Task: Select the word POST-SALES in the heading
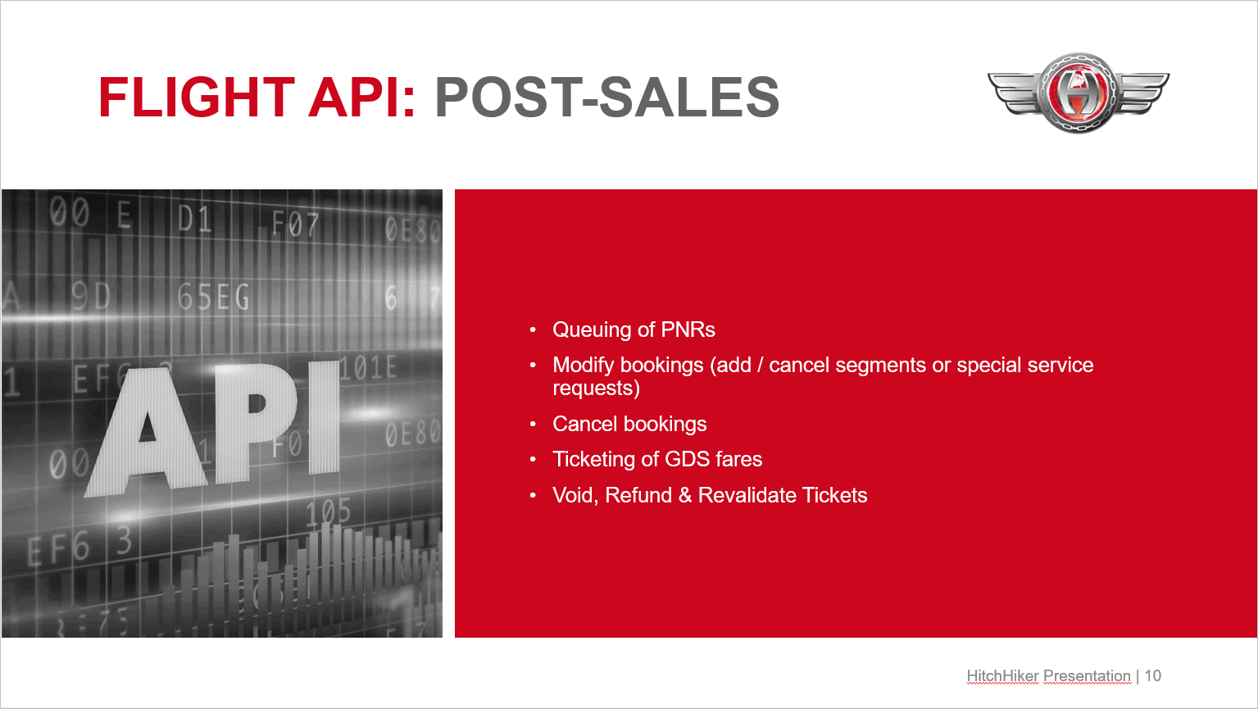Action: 607,98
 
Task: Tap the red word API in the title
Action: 361,98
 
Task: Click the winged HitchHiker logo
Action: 1079,93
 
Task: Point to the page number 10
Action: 1152,676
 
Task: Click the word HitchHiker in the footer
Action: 1002,676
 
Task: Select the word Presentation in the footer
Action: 1087,676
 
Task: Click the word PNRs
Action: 688,330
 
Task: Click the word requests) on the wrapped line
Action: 597,389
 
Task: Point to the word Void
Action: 575,496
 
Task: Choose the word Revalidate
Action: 747,496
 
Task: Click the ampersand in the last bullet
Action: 684,496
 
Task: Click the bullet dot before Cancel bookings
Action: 533,425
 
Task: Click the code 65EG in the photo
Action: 213,298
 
